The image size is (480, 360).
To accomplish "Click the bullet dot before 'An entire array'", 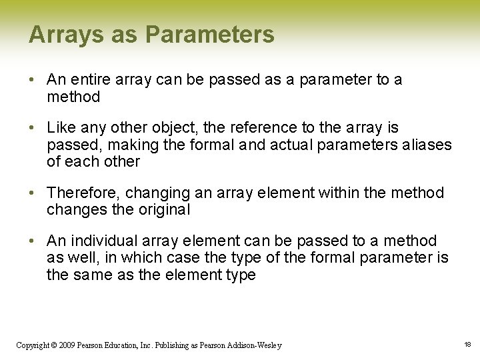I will click(32, 80).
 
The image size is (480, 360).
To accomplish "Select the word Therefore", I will click(83, 193).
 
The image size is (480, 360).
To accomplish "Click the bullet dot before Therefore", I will click(32, 193).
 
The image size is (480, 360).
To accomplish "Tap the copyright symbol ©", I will click(55, 345).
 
